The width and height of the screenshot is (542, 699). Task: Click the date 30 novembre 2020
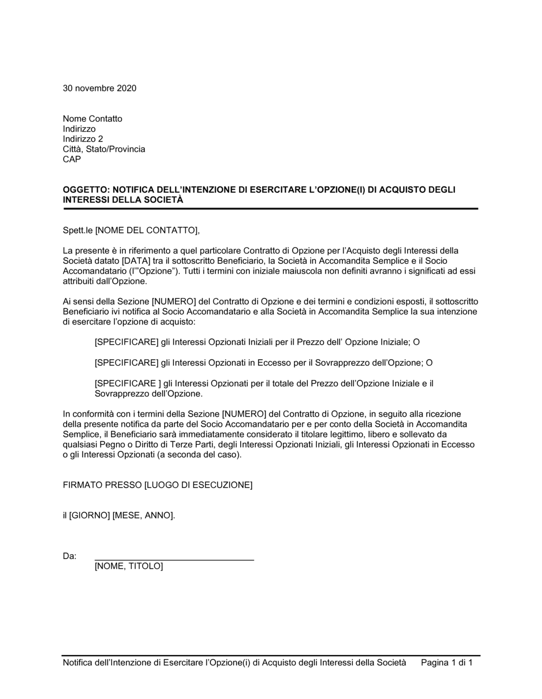pyautogui.click(x=100, y=88)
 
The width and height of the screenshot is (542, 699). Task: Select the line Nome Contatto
pyautogui.click(x=93, y=119)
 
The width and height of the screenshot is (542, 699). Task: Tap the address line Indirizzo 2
pyautogui.click(x=83, y=139)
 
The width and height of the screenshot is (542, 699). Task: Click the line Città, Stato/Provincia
pyautogui.click(x=104, y=149)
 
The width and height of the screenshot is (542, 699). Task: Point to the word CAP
pyautogui.click(x=72, y=159)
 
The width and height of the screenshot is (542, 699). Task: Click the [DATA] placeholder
pyautogui.click(x=135, y=261)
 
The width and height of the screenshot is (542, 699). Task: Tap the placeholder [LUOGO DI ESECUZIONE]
pyautogui.click(x=198, y=485)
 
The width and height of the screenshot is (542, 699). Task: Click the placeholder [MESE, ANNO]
pyautogui.click(x=144, y=515)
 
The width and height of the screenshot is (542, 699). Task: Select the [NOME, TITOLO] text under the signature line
pyautogui.click(x=128, y=566)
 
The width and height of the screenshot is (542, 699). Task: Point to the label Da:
pyautogui.click(x=70, y=556)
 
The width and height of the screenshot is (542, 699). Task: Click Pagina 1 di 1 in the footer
pyautogui.click(x=447, y=662)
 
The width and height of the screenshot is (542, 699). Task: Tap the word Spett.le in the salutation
pyautogui.click(x=78, y=231)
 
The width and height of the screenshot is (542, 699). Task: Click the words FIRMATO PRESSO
pyautogui.click(x=102, y=485)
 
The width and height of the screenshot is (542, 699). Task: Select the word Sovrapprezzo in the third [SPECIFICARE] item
pyautogui.click(x=119, y=394)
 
